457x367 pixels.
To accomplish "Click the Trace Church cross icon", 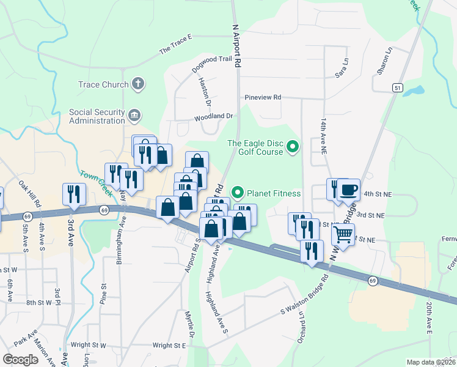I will [x=138, y=84].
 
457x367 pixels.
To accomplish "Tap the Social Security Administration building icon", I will [x=134, y=114].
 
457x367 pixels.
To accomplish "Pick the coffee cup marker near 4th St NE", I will [x=349, y=190].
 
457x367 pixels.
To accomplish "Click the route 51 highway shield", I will [x=398, y=88].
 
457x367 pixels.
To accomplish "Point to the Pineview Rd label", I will [x=263, y=97].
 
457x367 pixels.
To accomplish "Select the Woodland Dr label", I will [x=214, y=116].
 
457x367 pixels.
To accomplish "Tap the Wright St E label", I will [x=169, y=346].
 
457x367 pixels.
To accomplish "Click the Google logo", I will [x=20, y=360].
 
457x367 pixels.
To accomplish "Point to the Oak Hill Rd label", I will [x=29, y=193].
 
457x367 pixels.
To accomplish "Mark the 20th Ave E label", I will [x=429, y=318].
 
